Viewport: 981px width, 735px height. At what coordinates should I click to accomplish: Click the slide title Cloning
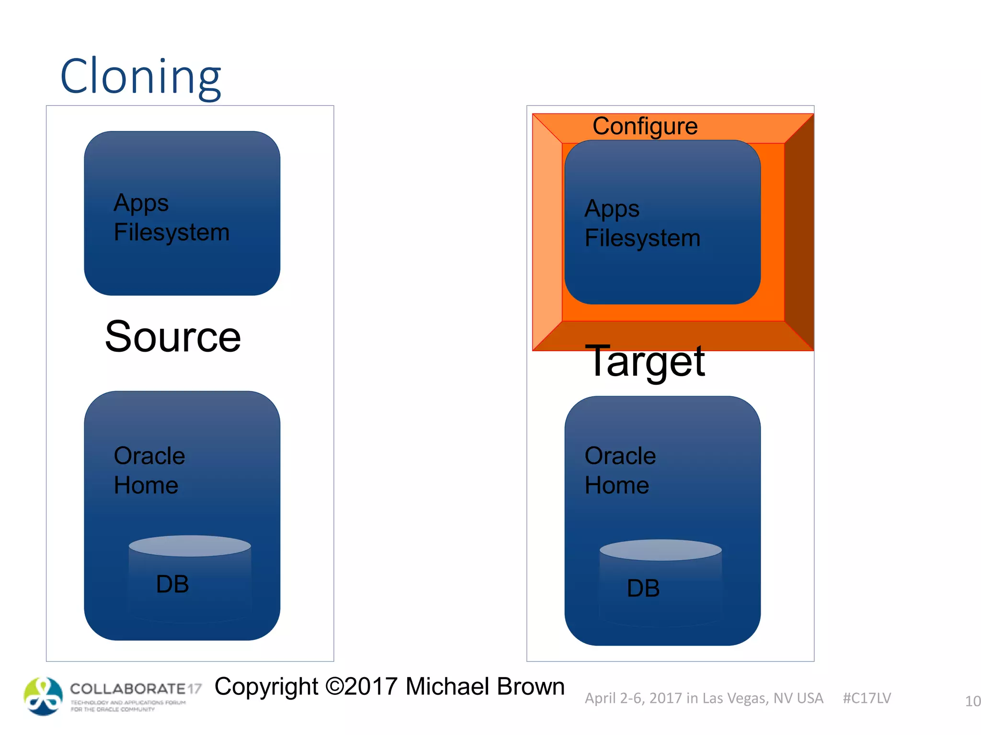tap(140, 77)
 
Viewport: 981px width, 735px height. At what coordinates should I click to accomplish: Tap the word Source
tap(172, 337)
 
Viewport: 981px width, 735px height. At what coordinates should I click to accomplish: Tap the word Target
tap(645, 361)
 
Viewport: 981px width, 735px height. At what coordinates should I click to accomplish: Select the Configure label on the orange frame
tap(645, 126)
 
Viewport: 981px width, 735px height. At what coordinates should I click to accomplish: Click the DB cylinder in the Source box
tap(190, 579)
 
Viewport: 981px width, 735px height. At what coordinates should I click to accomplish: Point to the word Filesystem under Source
tap(171, 233)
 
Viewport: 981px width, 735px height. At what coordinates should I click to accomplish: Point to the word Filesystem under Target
tap(642, 238)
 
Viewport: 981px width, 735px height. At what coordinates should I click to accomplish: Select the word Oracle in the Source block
tap(149, 456)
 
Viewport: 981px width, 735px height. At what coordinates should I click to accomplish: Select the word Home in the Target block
tap(616, 486)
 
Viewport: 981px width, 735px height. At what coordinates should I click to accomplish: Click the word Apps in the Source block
tap(141, 203)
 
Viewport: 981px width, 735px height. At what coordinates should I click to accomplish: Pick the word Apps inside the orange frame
tap(612, 209)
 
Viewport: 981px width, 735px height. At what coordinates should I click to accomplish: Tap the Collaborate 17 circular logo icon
tap(43, 696)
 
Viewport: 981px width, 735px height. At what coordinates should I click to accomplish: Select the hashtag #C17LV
tap(867, 698)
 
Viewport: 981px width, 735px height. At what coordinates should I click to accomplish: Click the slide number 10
tap(972, 702)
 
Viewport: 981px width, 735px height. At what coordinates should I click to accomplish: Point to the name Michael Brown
tap(485, 687)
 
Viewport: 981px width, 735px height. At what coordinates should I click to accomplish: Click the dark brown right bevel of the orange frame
tap(799, 232)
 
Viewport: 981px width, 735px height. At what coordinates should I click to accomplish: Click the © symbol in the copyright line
tap(334, 687)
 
